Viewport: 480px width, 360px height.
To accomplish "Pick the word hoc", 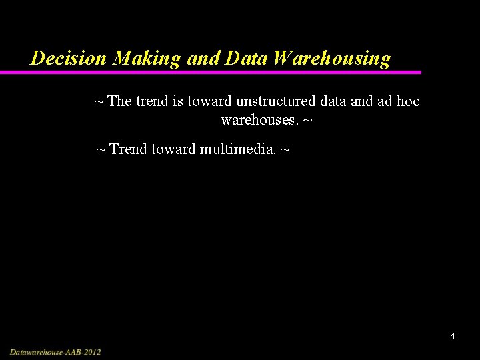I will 407,101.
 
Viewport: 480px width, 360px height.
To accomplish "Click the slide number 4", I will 453,336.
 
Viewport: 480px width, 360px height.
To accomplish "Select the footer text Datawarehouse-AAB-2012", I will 55,351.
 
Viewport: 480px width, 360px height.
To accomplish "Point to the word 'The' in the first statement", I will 119,101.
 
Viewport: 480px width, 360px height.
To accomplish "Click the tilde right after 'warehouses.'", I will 307,122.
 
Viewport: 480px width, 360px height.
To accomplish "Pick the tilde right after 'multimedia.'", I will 285,149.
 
